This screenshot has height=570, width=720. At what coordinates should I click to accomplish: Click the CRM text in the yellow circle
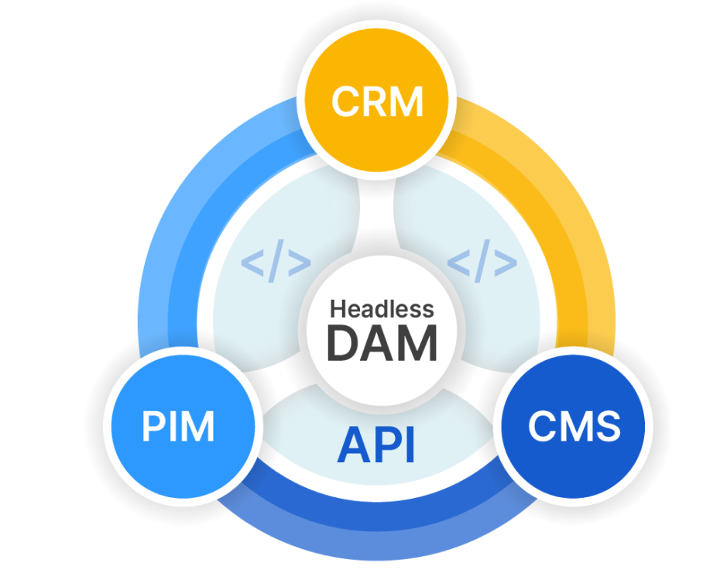click(x=378, y=102)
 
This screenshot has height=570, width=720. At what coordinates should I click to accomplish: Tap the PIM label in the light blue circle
click(x=179, y=427)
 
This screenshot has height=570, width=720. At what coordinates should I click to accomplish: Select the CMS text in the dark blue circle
click(x=574, y=426)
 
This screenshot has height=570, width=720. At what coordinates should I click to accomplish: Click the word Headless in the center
click(x=382, y=309)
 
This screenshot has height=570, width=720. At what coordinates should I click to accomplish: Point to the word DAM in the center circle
click(x=382, y=343)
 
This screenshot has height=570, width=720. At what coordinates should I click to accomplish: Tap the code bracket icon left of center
click(x=276, y=263)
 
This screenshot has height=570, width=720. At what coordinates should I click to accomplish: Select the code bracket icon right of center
click(x=482, y=263)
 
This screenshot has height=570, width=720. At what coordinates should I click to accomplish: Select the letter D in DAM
click(x=343, y=343)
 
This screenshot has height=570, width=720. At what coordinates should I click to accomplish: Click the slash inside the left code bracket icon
click(x=276, y=263)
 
